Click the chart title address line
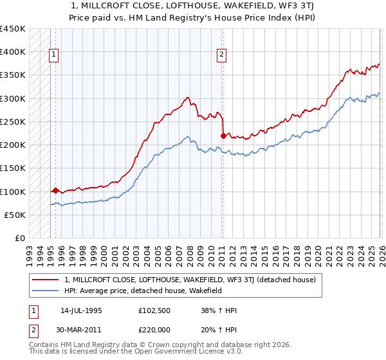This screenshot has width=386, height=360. [193, 6]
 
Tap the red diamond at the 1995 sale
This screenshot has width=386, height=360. [55, 190]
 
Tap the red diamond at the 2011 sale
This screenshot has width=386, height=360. [223, 136]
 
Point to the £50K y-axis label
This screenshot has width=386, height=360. [15, 215]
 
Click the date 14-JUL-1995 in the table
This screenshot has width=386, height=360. [81, 310]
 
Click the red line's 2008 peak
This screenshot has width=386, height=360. [187, 98]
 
